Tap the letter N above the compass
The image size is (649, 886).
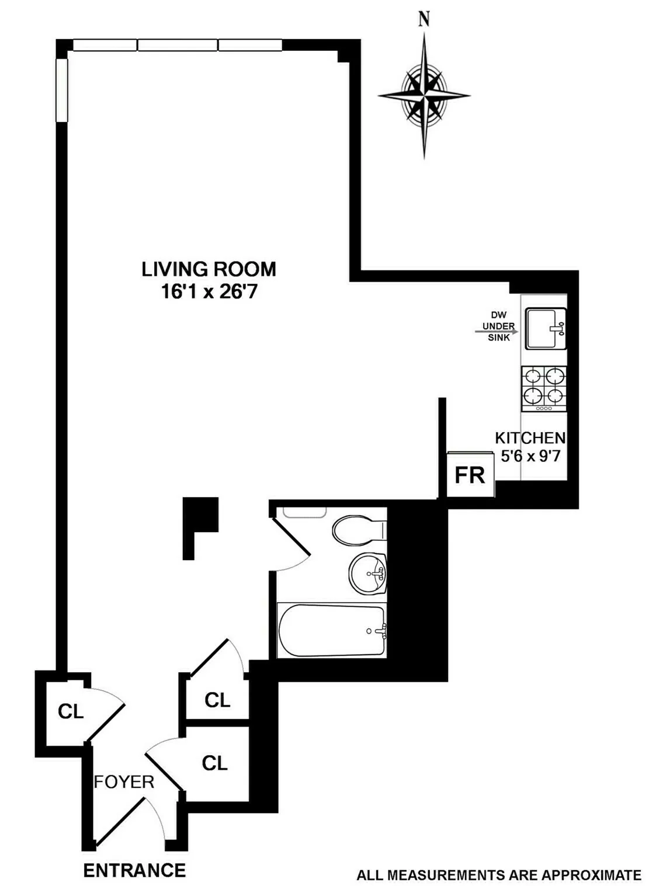pyautogui.click(x=425, y=19)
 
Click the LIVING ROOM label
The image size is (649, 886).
pyautogui.click(x=209, y=269)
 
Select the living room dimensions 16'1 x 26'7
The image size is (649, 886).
pyautogui.click(x=209, y=291)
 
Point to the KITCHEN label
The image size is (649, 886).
pyautogui.click(x=530, y=438)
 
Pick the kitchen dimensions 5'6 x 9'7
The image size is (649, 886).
pyautogui.click(x=530, y=456)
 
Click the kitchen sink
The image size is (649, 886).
pyautogui.click(x=545, y=328)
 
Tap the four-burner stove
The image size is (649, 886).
pyautogui.click(x=544, y=388)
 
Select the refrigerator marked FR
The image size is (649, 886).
pyautogui.click(x=470, y=475)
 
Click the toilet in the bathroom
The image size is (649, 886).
pyautogui.click(x=358, y=530)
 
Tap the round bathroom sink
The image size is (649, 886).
pyautogui.click(x=368, y=573)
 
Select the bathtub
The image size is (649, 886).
pyautogui.click(x=332, y=631)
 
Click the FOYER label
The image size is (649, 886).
pyautogui.click(x=124, y=782)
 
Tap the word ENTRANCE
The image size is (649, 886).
pyautogui.click(x=134, y=870)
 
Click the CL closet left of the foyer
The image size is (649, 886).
pyautogui.click(x=71, y=711)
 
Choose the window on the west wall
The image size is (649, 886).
pyautogui.click(x=61, y=90)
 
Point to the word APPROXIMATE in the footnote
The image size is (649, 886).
pyautogui.click(x=591, y=875)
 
